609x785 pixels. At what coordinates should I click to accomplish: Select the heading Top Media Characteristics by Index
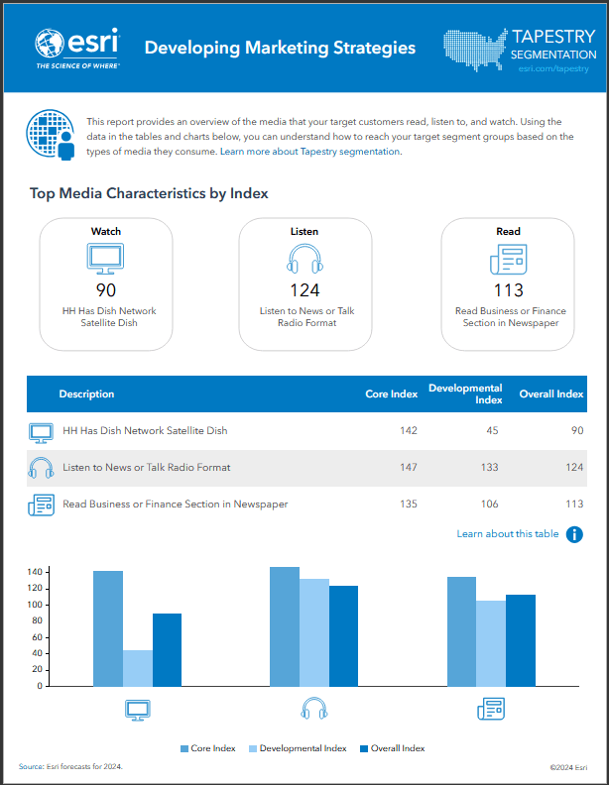(x=149, y=193)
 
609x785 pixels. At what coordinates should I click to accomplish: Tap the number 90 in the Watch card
(x=106, y=289)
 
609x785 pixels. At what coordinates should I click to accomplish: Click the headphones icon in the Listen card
(x=304, y=260)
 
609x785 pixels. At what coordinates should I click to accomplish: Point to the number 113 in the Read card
(x=508, y=289)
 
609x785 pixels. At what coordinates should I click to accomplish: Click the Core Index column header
(x=391, y=394)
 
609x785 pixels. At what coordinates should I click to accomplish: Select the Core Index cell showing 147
(x=406, y=467)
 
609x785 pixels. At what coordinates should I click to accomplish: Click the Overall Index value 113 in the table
(x=572, y=504)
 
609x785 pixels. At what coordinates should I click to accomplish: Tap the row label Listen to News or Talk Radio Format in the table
(x=146, y=467)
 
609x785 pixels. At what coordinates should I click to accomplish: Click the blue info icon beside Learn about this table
(x=574, y=534)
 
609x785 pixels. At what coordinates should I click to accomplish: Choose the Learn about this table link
(x=507, y=534)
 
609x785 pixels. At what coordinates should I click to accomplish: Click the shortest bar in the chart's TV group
(x=138, y=667)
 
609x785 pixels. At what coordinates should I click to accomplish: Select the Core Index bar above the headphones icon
(x=285, y=625)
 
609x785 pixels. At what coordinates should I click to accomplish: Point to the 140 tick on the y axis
(x=34, y=572)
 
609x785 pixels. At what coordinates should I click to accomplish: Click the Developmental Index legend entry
(x=297, y=748)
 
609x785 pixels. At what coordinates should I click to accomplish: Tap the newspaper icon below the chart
(x=491, y=709)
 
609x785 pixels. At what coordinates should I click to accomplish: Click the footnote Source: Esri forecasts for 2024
(x=70, y=767)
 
